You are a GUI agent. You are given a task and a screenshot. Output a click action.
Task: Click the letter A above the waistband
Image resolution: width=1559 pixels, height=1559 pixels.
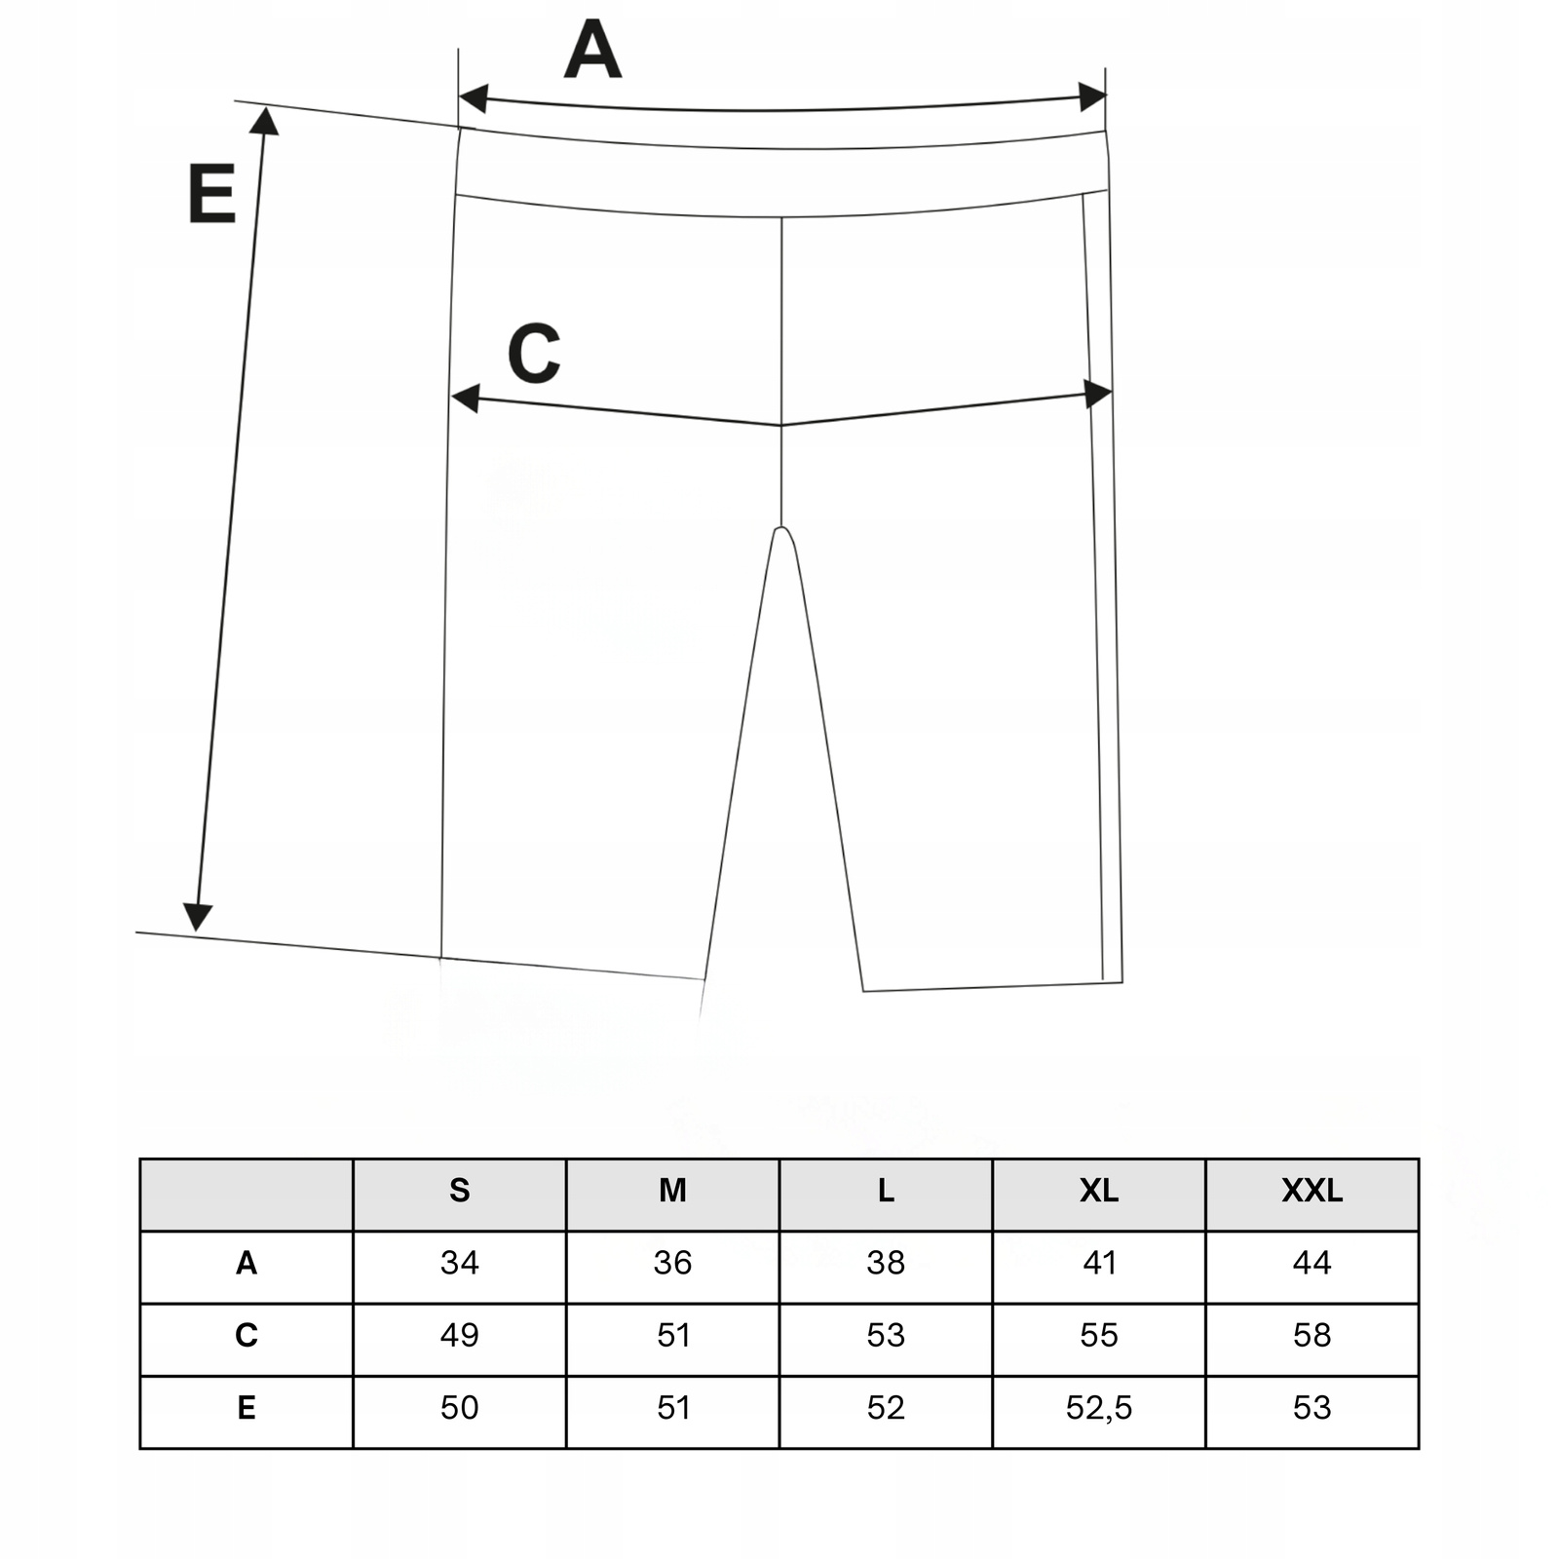(x=592, y=50)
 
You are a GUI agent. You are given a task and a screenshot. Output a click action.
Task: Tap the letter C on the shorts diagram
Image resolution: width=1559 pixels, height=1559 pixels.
(x=534, y=353)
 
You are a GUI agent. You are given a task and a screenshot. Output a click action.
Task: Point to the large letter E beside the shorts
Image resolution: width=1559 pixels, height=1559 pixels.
(x=211, y=194)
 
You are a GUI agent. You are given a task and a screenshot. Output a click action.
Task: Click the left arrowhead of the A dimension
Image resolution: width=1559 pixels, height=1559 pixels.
(x=473, y=98)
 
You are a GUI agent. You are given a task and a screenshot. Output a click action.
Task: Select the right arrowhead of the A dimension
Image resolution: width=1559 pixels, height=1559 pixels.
(x=1092, y=96)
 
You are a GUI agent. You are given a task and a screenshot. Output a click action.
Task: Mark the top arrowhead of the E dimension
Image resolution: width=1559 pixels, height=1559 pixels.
(x=264, y=120)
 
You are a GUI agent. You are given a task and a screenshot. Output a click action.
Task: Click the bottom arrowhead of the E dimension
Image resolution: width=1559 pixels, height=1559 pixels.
(x=198, y=916)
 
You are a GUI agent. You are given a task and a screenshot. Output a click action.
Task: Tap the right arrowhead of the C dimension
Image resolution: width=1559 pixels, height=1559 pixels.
(x=1098, y=394)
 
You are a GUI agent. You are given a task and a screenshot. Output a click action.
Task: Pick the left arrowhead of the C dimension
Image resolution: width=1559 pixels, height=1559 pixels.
(x=466, y=398)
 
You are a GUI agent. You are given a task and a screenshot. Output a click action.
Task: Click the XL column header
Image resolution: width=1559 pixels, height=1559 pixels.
(x=1098, y=1191)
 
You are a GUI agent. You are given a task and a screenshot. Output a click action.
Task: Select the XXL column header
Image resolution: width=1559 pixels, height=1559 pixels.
(x=1312, y=1191)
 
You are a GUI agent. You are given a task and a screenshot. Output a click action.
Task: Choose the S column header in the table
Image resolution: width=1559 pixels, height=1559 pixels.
(x=459, y=1191)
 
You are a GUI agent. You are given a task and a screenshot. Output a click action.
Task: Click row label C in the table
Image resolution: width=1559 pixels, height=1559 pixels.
(x=247, y=1335)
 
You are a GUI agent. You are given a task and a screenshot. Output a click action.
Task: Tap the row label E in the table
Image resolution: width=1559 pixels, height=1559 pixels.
(x=247, y=1408)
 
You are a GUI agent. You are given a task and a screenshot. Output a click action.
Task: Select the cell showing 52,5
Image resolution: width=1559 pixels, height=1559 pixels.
(x=1098, y=1408)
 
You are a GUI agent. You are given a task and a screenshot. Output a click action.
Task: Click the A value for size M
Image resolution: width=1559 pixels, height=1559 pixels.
(x=672, y=1263)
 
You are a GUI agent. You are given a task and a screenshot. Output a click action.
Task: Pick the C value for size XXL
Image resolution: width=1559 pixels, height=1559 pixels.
(x=1312, y=1335)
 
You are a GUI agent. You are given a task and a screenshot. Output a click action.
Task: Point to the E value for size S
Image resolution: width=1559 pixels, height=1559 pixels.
(x=459, y=1408)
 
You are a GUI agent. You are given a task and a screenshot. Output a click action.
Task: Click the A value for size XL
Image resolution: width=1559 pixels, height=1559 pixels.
(x=1099, y=1263)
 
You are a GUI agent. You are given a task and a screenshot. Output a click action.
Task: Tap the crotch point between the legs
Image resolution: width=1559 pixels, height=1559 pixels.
(x=780, y=528)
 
